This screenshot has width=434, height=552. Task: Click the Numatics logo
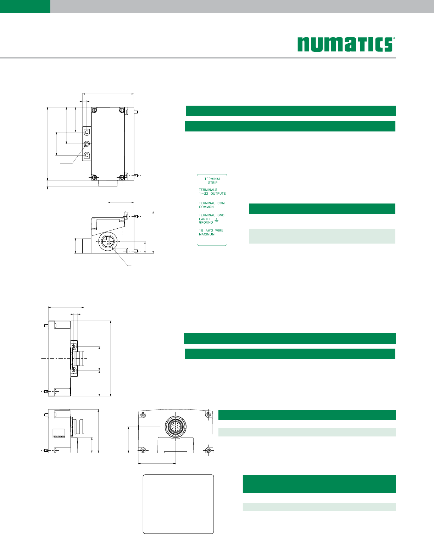click(x=346, y=44)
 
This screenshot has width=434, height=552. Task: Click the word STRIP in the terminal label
click(x=213, y=183)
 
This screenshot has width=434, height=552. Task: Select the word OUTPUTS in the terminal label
click(x=218, y=194)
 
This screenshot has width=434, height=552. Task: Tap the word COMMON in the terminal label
click(x=206, y=207)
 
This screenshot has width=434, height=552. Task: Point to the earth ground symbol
click(x=217, y=220)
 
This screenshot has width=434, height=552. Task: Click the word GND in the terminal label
click(x=221, y=215)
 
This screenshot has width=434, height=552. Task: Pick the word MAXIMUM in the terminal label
click(x=207, y=234)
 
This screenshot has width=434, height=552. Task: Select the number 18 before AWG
click(x=201, y=230)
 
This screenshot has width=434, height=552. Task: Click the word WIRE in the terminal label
click(x=219, y=230)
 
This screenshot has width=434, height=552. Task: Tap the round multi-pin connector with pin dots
click(x=176, y=427)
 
